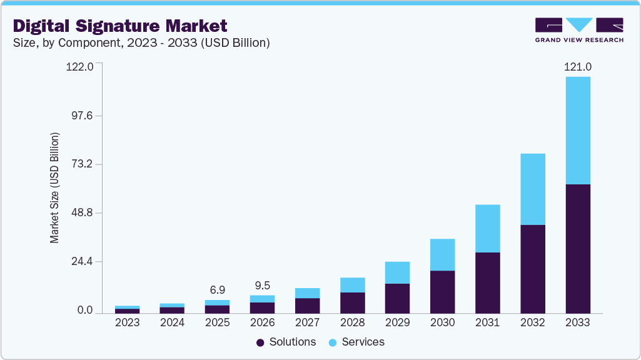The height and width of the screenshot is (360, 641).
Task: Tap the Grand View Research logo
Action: [x=579, y=29]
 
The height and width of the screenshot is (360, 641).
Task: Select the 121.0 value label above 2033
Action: [x=578, y=67]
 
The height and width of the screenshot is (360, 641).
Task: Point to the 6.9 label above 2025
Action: [x=218, y=291]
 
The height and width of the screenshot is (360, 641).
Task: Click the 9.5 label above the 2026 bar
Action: [x=263, y=286]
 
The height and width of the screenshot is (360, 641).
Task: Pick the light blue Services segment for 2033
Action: [x=578, y=130]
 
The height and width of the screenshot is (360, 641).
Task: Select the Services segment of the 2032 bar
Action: [x=533, y=189]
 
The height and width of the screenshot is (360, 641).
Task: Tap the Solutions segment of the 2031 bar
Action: [x=488, y=282]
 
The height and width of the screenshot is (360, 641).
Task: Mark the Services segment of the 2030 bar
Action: [x=443, y=254]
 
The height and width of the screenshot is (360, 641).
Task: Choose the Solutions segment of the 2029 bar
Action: [x=398, y=298]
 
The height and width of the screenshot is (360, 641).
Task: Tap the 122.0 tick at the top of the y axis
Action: [x=79, y=67]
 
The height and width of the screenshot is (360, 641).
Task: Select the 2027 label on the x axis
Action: [x=308, y=322]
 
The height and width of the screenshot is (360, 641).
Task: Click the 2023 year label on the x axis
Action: [x=128, y=322]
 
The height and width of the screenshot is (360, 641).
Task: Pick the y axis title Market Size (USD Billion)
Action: [x=54, y=188]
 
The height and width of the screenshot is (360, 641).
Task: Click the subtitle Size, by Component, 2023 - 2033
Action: [x=141, y=42]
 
